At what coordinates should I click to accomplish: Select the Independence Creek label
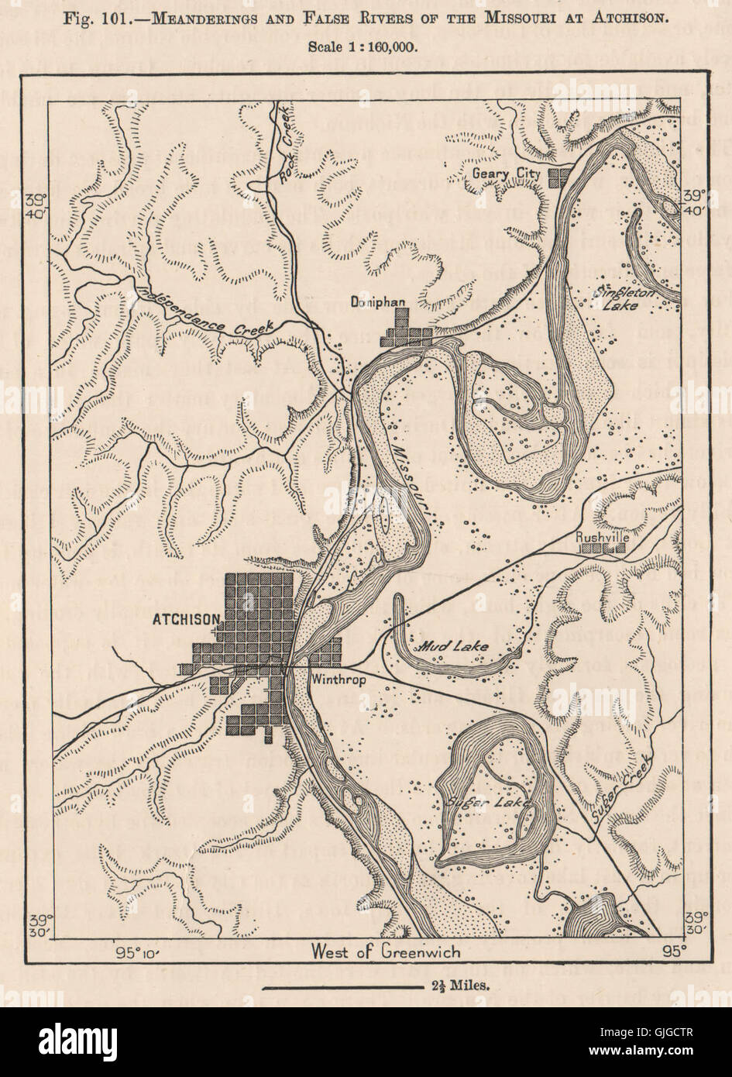(204, 312)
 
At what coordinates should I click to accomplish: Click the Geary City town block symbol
(558, 177)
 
